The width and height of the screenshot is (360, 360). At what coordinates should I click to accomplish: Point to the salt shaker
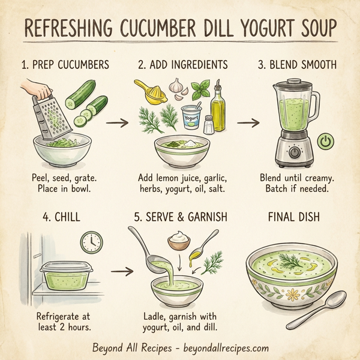point(208,124)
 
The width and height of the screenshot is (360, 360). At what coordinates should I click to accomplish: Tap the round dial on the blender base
point(294,153)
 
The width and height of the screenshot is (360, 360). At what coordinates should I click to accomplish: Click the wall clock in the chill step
point(91,242)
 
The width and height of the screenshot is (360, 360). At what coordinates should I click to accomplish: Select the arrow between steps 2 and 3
point(247,123)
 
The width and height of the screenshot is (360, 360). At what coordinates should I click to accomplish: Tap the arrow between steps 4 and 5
point(122,272)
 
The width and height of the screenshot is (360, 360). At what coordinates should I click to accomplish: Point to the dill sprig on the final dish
point(298,260)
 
